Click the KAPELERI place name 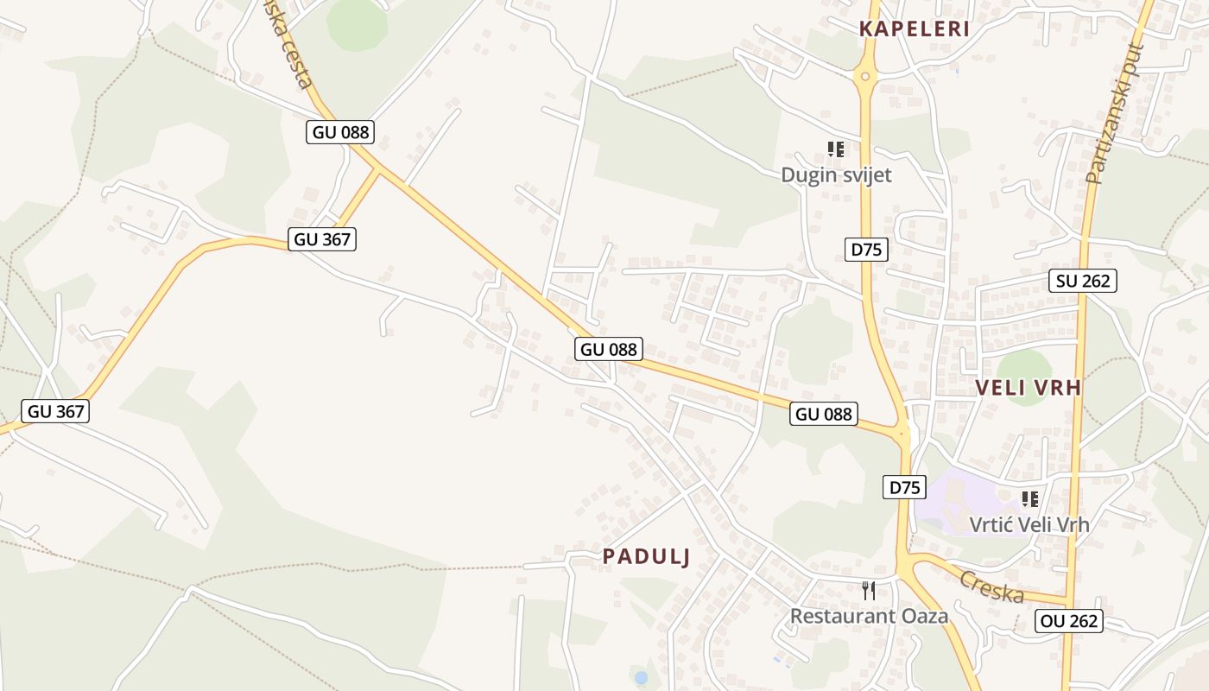tap(915, 29)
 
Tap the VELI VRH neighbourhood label tap(1029, 387)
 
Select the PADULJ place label tap(647, 557)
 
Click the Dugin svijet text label tap(836, 174)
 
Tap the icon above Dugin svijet tap(835, 149)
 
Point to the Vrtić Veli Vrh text tap(1029, 524)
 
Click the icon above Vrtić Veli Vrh tap(1029, 499)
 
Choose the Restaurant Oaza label tap(870, 616)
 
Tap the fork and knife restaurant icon tap(869, 591)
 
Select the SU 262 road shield tap(1083, 281)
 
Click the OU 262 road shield tap(1069, 620)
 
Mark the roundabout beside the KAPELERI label tap(865, 77)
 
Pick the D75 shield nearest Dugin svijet tap(866, 250)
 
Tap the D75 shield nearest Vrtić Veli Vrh tap(904, 487)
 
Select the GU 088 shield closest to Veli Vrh tap(824, 414)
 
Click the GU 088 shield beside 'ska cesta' tap(340, 132)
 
